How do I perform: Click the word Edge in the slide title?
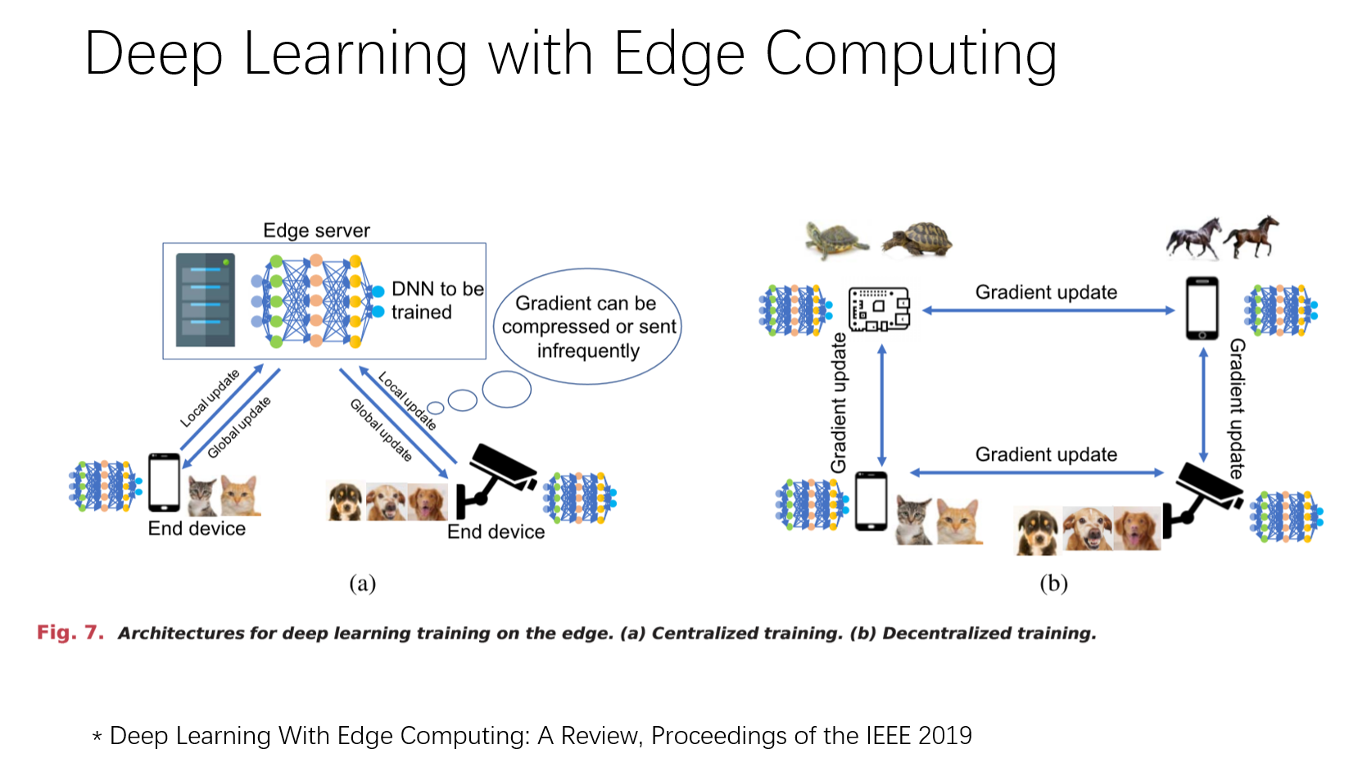coord(679,55)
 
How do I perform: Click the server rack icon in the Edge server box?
coord(206,300)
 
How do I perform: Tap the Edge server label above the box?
coord(316,231)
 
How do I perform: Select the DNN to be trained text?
coord(437,300)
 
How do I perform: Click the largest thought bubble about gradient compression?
coord(587,327)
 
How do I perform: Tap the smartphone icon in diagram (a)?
coord(164,482)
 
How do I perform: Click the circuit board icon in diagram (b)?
coord(879,309)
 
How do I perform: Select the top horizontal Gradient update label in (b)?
coord(1046,292)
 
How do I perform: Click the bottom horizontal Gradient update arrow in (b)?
coord(1037,472)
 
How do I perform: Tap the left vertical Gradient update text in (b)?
coord(839,403)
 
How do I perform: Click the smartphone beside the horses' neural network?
coord(1202,308)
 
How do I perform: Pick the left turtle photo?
coord(835,240)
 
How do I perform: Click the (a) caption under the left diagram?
coord(362,583)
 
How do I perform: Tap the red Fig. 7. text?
coord(70,633)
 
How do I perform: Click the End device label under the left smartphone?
coord(197,529)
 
